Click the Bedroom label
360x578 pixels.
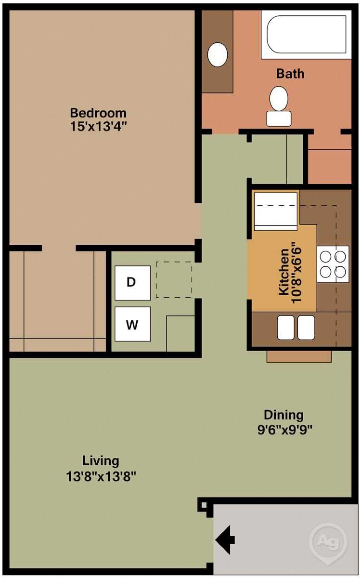coord(98,113)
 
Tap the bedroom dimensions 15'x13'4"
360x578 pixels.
coord(98,126)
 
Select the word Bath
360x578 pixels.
coord(290,74)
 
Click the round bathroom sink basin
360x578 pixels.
coord(218,54)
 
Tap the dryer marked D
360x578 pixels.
coord(132,282)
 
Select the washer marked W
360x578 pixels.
coord(132,324)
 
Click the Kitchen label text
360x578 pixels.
coord(284,272)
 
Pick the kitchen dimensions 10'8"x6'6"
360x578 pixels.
coord(296,272)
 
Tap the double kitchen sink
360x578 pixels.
coord(296,327)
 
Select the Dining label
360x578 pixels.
coord(283,415)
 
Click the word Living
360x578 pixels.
coord(101,461)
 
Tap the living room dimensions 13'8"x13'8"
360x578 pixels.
coord(101,476)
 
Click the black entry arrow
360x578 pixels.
coord(225,539)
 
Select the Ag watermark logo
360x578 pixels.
coord(328,541)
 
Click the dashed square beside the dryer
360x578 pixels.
coord(174,279)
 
